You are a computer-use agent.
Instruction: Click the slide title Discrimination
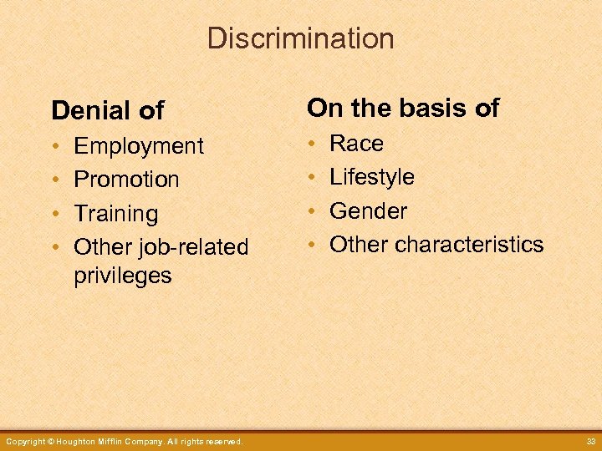coord(300,38)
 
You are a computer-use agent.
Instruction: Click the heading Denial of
coord(108,110)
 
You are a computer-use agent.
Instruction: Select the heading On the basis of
coord(403,108)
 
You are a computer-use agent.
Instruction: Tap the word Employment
coord(139,146)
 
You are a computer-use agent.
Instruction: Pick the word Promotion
coord(126,180)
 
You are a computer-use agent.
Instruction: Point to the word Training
coord(115,214)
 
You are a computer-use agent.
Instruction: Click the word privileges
coord(123,276)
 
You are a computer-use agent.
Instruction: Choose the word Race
coord(357,144)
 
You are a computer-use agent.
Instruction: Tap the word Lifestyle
coord(372,177)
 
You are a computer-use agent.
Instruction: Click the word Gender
coord(369,211)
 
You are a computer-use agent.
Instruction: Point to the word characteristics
coord(469,245)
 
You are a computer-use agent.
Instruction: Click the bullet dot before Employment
coord(55,147)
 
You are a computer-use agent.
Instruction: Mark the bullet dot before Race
coord(311,144)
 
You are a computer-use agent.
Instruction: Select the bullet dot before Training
coord(55,215)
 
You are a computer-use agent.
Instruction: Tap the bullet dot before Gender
coord(311,212)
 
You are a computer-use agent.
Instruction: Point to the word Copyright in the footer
coord(23,441)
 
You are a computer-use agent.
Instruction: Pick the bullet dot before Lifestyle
coord(311,178)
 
